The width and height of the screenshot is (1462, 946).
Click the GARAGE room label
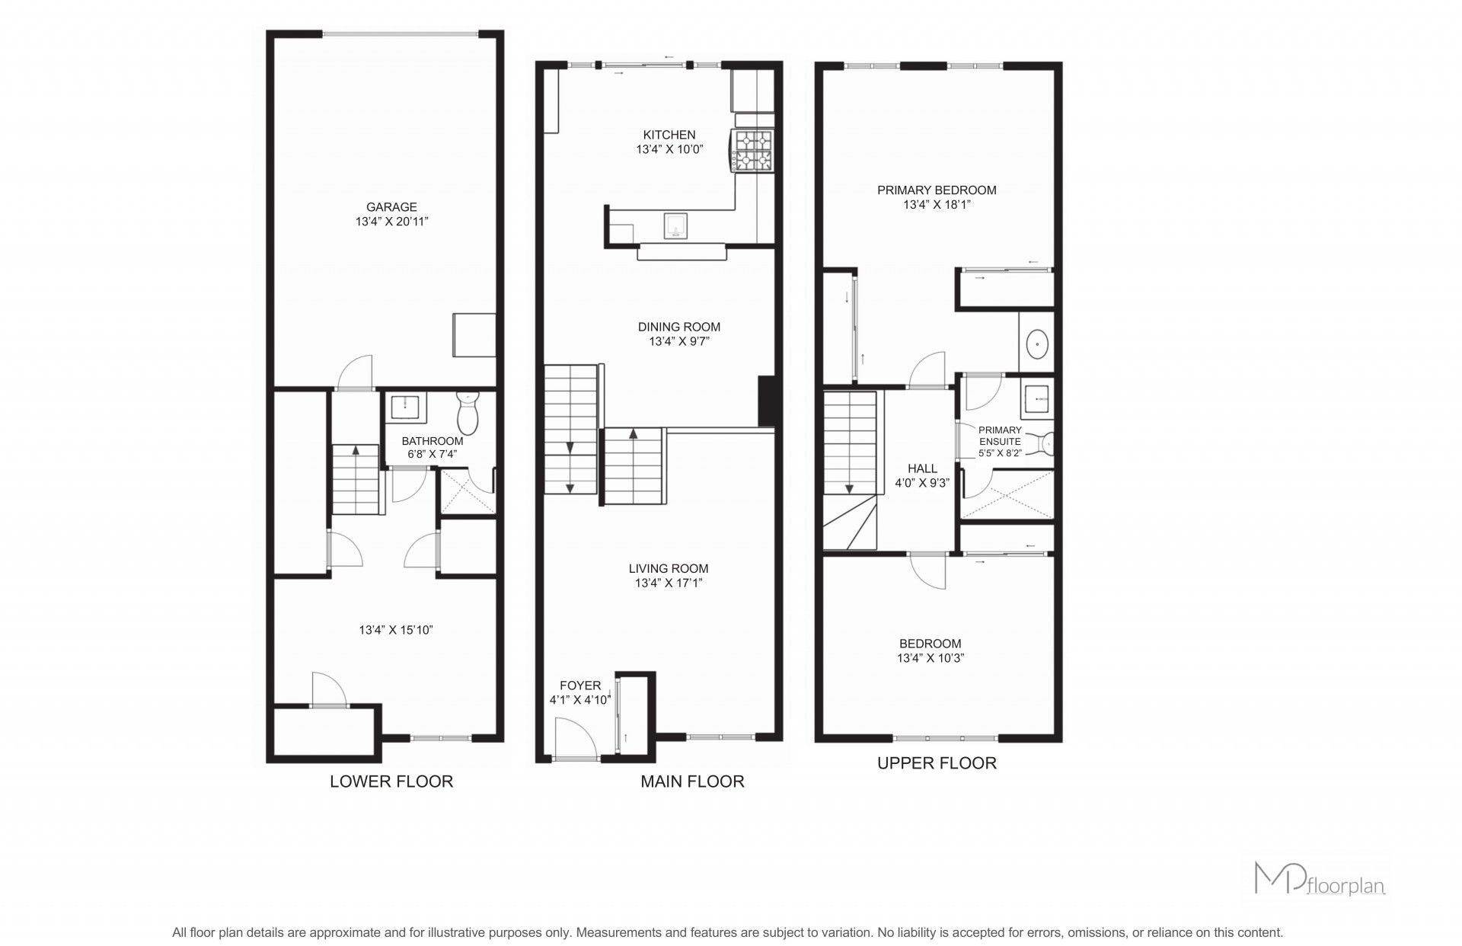coord(391,207)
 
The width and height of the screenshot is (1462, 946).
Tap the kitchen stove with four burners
coord(752,151)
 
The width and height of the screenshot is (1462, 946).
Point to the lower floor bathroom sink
coord(407,407)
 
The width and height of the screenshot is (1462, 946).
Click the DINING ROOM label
coord(678,327)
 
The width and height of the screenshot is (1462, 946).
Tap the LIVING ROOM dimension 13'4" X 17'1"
coord(669,583)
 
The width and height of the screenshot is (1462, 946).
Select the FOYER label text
coord(580,686)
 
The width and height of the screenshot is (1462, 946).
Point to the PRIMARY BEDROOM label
coord(937,190)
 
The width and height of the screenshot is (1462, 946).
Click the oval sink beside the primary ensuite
coord(1037,344)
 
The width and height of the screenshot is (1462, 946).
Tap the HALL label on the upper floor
coord(922,468)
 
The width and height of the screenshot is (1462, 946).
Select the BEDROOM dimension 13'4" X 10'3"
coord(931,658)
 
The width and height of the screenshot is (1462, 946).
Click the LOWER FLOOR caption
coord(391,781)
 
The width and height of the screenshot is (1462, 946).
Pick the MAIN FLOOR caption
coord(692,781)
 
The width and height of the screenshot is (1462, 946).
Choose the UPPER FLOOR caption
coord(937,763)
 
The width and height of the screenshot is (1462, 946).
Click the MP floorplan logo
coord(1319,878)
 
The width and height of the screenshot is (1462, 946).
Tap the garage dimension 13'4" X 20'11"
coord(391,222)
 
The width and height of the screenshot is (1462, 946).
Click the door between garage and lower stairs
coord(355,372)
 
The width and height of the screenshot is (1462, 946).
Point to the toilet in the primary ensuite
coord(1047,443)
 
